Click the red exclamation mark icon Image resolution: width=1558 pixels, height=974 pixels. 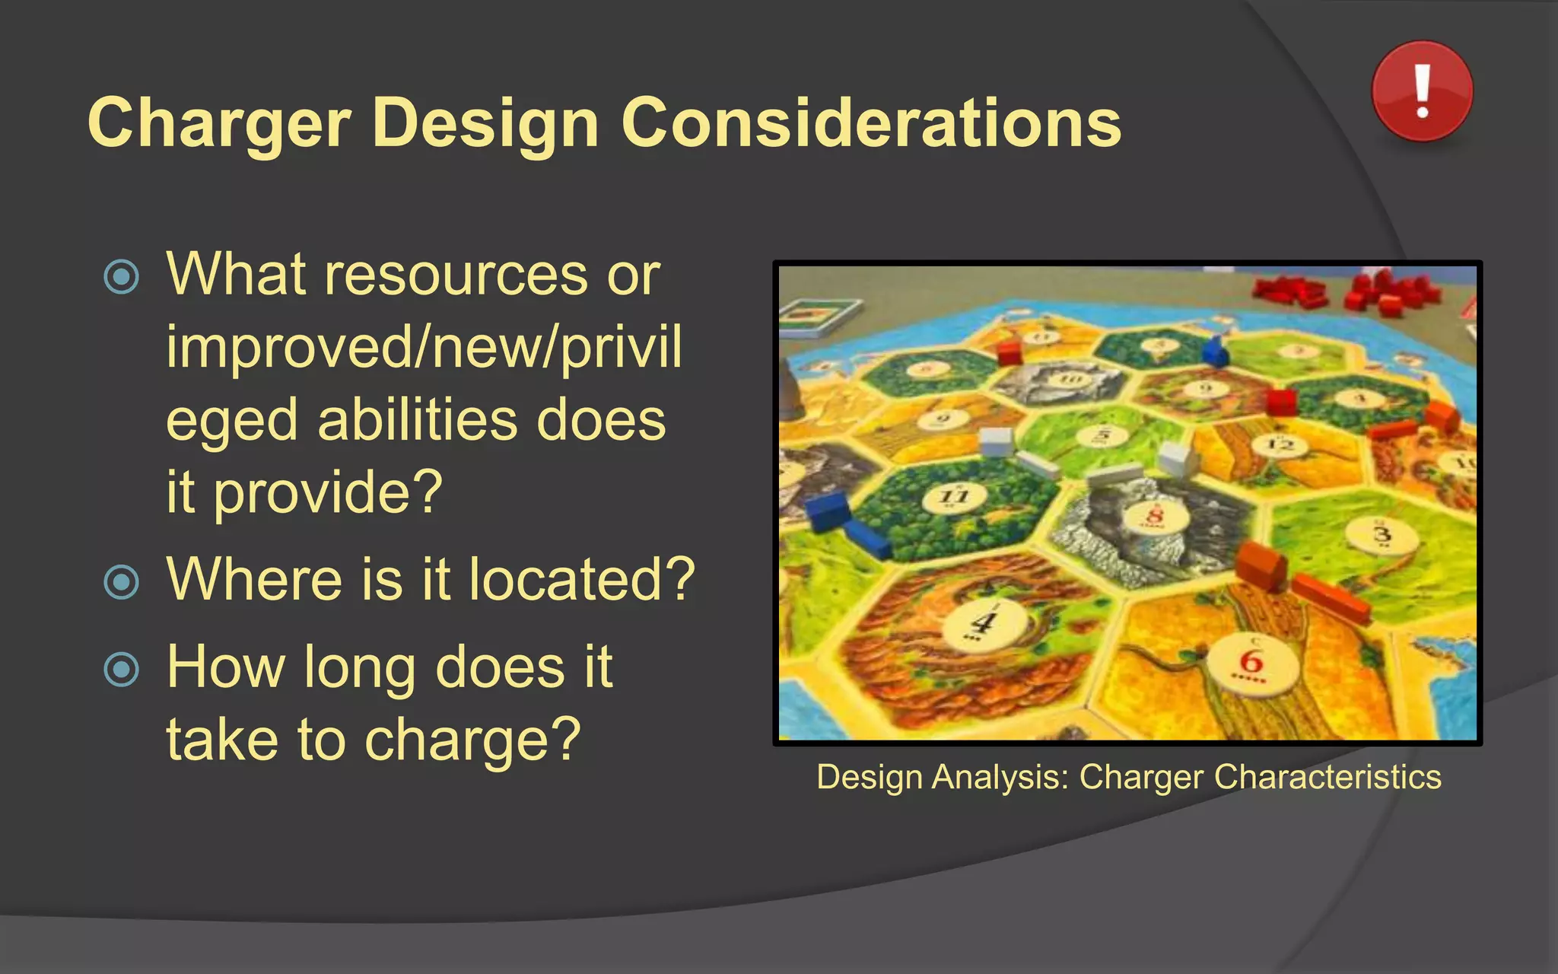tap(1422, 91)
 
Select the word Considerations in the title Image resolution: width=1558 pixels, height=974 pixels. tap(871, 123)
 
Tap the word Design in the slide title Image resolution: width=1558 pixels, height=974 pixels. tap(486, 124)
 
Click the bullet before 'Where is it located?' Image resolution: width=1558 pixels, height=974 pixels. tap(122, 582)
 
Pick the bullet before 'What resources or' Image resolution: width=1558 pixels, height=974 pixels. tap(122, 277)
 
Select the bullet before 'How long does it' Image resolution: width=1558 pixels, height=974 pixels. tap(122, 670)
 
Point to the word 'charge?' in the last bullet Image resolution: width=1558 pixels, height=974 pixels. tap(472, 740)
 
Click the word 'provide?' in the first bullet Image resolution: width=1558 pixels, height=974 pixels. tap(328, 492)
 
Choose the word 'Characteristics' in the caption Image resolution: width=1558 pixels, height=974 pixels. tap(1327, 777)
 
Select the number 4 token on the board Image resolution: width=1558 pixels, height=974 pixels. tap(982, 624)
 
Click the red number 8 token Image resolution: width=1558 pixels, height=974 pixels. tap(1155, 517)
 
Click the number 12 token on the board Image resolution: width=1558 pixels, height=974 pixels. tap(1280, 444)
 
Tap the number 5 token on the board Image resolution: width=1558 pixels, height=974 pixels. tap(1103, 435)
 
